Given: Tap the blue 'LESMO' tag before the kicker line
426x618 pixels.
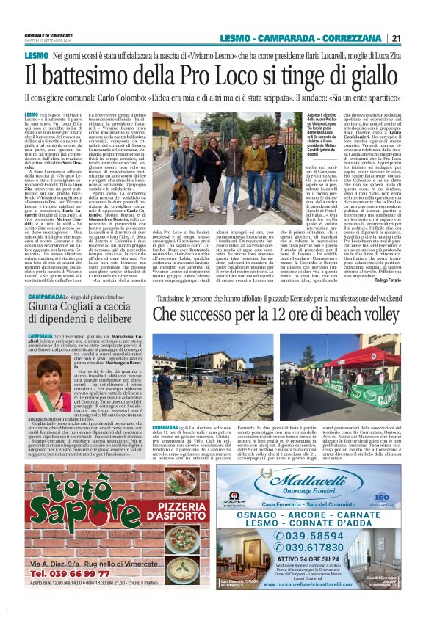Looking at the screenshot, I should [x=36, y=56].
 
